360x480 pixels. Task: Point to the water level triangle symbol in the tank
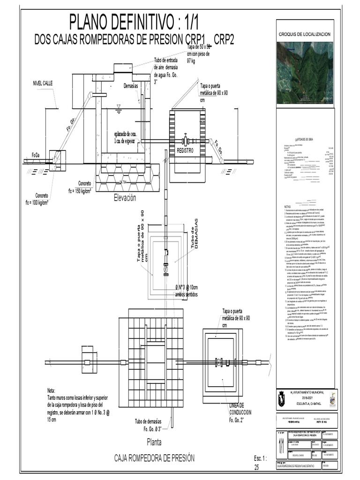coord(118,106)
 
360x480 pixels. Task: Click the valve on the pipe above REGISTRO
coord(186,140)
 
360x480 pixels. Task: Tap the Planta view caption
coord(154,442)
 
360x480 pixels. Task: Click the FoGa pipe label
coord(36,155)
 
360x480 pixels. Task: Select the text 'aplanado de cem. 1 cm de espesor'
coord(126,138)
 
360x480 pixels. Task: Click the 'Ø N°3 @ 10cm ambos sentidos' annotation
coord(187,290)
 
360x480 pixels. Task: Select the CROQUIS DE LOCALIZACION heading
coord(304,35)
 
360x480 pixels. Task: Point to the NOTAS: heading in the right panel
coord(285,206)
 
